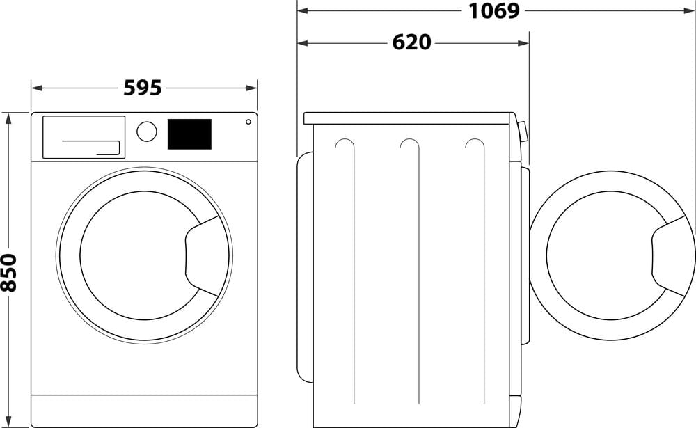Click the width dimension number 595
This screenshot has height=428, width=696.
coord(143,88)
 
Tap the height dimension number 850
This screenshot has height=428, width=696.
coord(9,273)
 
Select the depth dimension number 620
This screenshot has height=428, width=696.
coord(411,42)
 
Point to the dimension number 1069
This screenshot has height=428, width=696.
coord(494,11)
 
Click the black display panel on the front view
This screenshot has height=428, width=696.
coord(189,134)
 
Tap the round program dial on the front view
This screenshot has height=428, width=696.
coord(147,132)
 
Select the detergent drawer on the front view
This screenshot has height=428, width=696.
coord(84,136)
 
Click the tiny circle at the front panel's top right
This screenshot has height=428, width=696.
coord(248,122)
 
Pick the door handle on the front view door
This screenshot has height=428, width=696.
coord(203,255)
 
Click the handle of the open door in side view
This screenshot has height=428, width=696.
coord(669,255)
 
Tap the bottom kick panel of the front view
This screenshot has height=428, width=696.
coord(144,411)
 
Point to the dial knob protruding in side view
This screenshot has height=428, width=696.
coord(523,132)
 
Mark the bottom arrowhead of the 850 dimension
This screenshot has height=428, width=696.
coord(9,422)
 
